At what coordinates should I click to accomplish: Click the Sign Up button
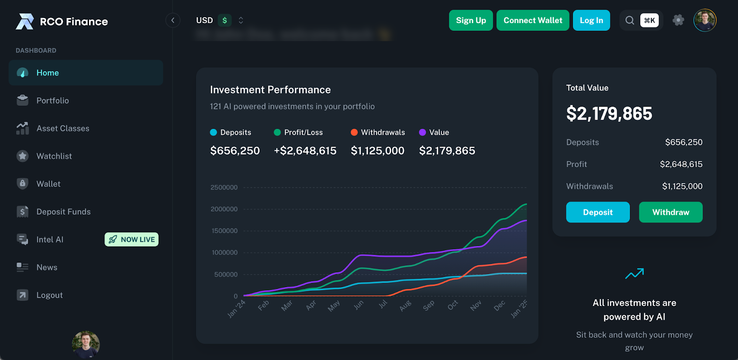point(470,20)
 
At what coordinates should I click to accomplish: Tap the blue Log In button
point(591,20)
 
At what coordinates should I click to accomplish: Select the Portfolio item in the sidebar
point(53,101)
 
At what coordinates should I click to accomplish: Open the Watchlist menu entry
point(54,156)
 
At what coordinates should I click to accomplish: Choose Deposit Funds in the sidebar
point(63,212)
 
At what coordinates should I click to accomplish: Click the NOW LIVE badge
point(131,240)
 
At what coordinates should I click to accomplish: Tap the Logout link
point(49,295)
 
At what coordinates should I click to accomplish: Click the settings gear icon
point(678,20)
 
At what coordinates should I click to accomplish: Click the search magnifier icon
point(630,20)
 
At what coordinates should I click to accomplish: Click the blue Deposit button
point(597,212)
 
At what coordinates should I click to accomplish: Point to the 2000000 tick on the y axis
point(224,209)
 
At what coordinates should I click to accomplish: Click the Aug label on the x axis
point(405,306)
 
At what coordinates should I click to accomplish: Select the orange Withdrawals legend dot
point(354,132)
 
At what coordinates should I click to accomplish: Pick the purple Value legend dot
point(422,132)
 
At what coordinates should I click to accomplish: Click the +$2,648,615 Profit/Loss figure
point(305,151)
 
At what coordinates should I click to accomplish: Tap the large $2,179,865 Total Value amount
point(609,114)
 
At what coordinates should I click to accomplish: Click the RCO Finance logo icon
point(25,21)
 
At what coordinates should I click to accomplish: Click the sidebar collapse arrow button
point(173,20)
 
